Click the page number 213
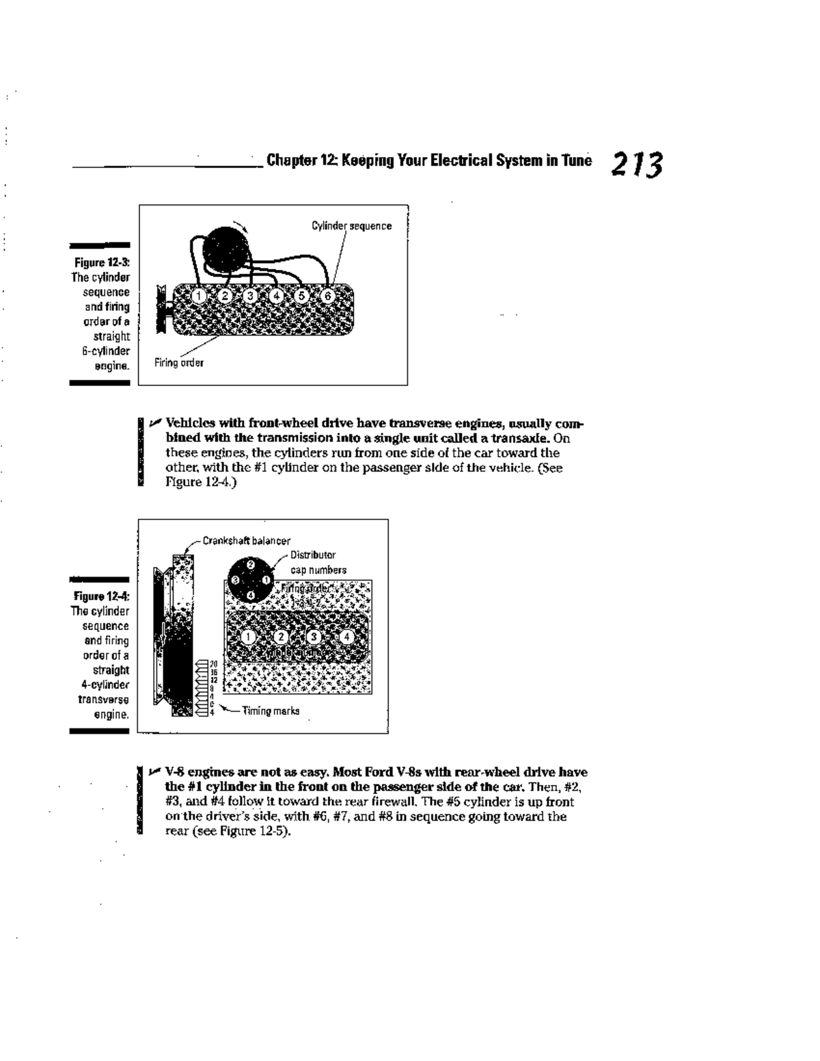tap(637, 165)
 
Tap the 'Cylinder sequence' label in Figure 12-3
tap(351, 226)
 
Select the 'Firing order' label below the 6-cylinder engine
tap(178, 363)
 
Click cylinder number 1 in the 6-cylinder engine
tap(198, 296)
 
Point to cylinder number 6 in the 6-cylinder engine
tap(327, 296)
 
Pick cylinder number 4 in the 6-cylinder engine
tap(276, 296)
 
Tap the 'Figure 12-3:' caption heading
tap(102, 262)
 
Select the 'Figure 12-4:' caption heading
tap(102, 596)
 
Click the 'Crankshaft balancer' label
tap(246, 541)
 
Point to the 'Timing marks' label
tap(271, 711)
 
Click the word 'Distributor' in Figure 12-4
tap(313, 555)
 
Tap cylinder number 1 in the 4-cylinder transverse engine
tap(249, 636)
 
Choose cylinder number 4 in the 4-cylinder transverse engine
tap(347, 636)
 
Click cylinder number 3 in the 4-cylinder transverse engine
tap(314, 636)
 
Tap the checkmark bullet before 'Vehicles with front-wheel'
tap(156, 423)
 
